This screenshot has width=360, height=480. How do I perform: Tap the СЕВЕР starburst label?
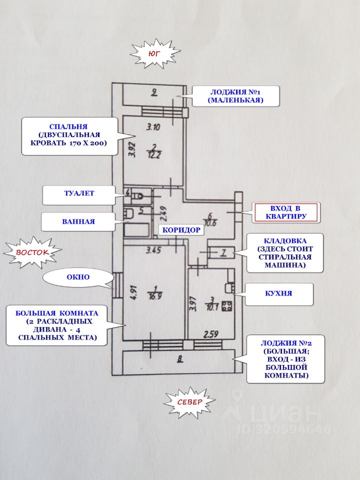point(189,402)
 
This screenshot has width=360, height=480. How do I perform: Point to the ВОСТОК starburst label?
point(32,253)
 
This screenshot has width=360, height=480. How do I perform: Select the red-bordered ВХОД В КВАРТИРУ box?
point(286,212)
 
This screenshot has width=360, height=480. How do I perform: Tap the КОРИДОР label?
point(180,230)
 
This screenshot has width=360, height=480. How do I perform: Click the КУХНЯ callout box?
point(278,294)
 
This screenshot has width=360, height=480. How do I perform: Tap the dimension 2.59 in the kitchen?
point(211,333)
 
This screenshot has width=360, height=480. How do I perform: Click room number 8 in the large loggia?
point(179,357)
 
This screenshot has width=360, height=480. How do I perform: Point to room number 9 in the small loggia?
point(155,91)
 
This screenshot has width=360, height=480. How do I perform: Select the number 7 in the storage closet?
point(223,253)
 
